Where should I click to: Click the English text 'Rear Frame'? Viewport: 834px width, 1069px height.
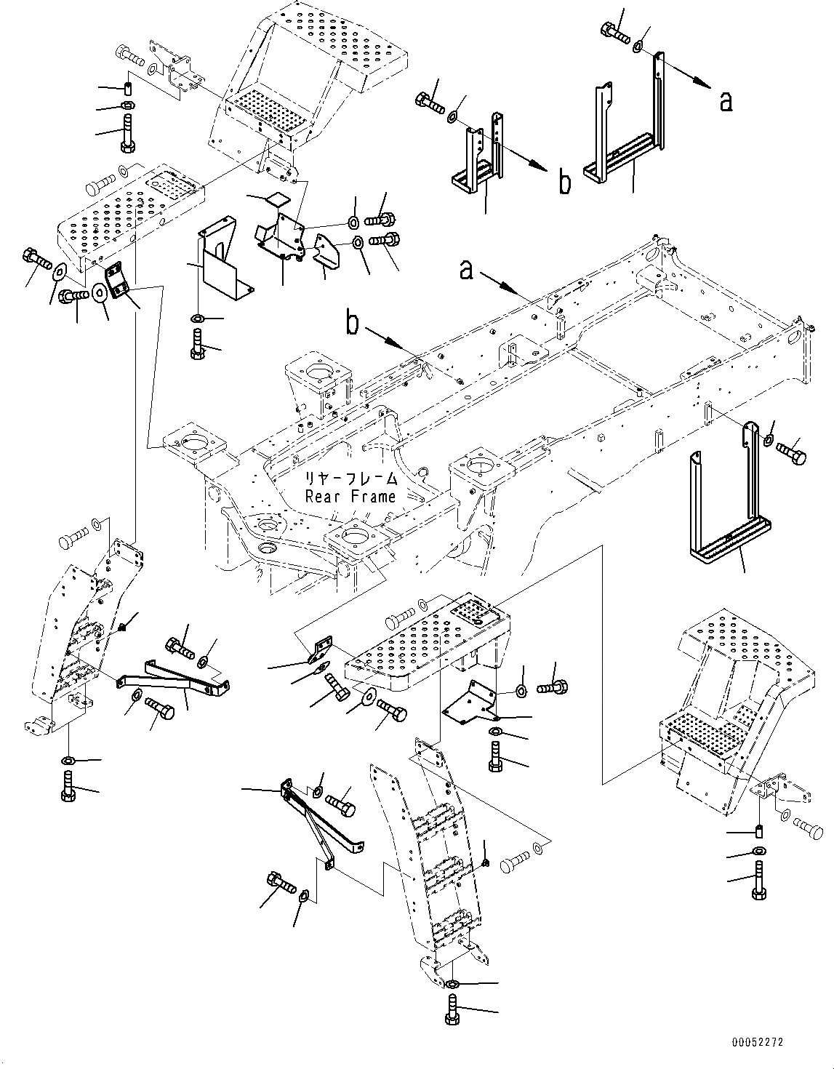coord(350,497)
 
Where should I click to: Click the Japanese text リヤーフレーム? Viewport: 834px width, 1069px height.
coord(352,479)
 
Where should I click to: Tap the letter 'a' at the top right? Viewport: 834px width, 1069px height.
coord(725,103)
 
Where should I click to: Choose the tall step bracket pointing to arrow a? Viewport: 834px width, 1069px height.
coord(626,131)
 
